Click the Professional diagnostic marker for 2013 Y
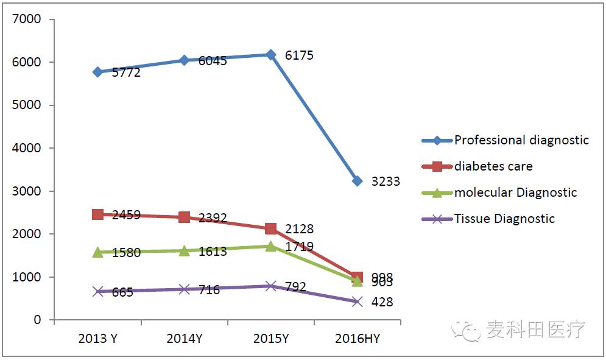(x=97, y=72)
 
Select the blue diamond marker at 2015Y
(x=271, y=55)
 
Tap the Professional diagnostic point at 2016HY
(x=358, y=181)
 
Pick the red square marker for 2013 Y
(x=97, y=214)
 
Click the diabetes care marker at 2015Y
(x=271, y=228)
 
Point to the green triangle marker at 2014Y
(x=184, y=250)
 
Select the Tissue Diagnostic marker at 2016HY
(x=358, y=302)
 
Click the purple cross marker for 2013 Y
(x=97, y=291)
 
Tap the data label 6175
(x=299, y=55)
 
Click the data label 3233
(x=386, y=182)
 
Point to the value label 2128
(x=299, y=229)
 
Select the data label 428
(x=382, y=302)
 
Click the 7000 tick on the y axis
(x=28, y=19)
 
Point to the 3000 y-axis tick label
(x=28, y=191)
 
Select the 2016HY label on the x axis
(x=358, y=339)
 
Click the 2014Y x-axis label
(x=184, y=339)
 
